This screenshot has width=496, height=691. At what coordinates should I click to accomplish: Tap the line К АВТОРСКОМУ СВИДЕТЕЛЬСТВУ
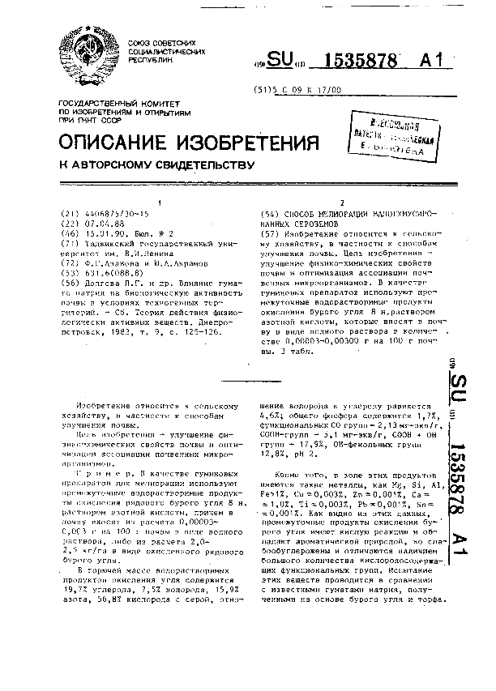tap(157, 165)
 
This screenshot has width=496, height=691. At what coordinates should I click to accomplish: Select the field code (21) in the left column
tap(70, 213)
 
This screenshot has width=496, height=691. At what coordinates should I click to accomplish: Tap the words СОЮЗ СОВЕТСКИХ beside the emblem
tap(168, 43)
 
